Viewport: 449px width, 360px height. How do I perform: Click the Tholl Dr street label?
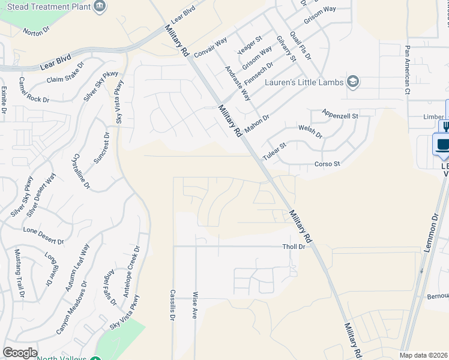(294, 247)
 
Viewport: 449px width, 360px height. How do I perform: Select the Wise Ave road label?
(194, 305)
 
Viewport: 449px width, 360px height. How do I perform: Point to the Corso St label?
(328, 164)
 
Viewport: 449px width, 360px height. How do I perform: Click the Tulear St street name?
(274, 151)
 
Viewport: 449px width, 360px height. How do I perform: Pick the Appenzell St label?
(339, 114)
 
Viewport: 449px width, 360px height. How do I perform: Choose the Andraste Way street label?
(238, 83)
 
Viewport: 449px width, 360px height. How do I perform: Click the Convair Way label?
(210, 48)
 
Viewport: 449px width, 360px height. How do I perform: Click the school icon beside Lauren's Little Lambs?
(353, 82)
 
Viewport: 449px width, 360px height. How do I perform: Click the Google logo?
(20, 352)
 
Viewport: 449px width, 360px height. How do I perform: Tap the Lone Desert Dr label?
(43, 235)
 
